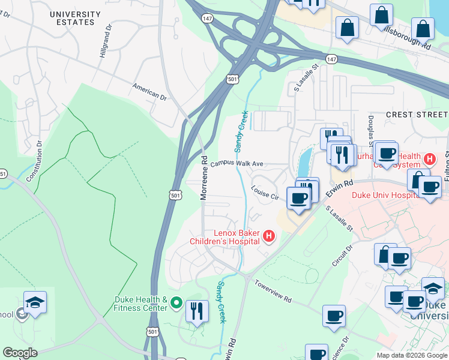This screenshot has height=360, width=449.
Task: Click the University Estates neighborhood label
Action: [75, 18]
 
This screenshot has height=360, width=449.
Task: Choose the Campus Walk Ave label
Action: [237, 163]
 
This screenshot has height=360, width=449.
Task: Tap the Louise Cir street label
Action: [265, 192]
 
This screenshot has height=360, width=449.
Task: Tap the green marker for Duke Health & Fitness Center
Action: [176, 304]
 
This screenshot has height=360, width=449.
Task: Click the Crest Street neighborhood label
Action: [417, 115]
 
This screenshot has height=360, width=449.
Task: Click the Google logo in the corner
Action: [20, 353]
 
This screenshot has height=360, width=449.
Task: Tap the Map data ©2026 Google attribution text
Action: [411, 355]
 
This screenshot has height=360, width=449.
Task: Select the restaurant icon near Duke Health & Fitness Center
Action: [197, 311]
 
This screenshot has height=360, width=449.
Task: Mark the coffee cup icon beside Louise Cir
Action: [298, 198]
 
